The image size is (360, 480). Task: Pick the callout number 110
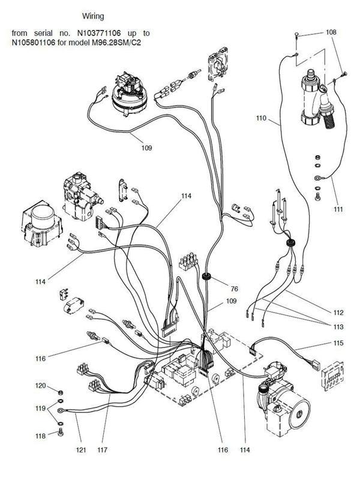coord(260,119)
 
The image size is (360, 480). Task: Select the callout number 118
coord(40,435)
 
